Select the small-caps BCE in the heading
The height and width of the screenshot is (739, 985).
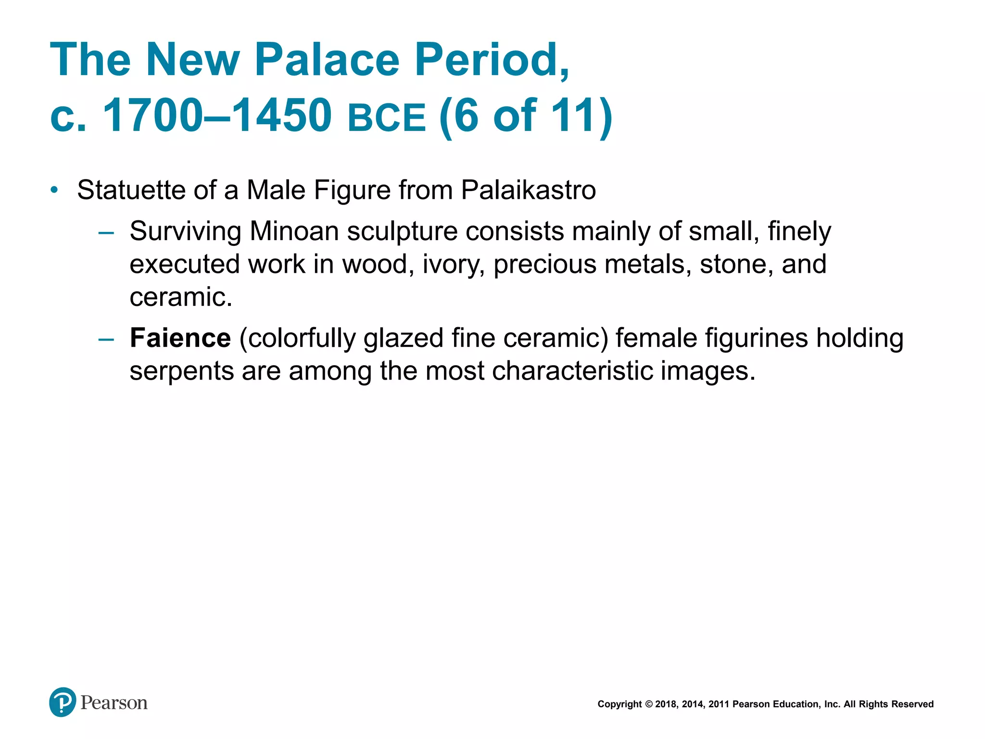pyautogui.click(x=387, y=118)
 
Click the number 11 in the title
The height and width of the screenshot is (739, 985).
pyautogui.click(x=572, y=115)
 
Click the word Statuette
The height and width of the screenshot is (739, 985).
pyautogui.click(x=131, y=190)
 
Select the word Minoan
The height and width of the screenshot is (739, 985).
pyautogui.click(x=294, y=231)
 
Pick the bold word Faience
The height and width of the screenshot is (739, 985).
pyautogui.click(x=180, y=338)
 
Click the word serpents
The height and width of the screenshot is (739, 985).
pyautogui.click(x=181, y=371)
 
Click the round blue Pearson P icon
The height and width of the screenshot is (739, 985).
pyautogui.click(x=63, y=702)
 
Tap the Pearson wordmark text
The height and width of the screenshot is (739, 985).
pyautogui.click(x=114, y=703)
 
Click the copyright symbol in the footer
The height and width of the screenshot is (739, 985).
pyautogui.click(x=648, y=704)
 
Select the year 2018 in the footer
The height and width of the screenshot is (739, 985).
pyautogui.click(x=666, y=704)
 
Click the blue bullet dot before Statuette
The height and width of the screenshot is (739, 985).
pyautogui.click(x=54, y=190)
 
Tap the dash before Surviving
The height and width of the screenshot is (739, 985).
pyautogui.click(x=106, y=233)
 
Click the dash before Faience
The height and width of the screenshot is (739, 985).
pyautogui.click(x=106, y=339)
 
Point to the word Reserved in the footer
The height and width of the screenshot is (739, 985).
pyautogui.click(x=912, y=704)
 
